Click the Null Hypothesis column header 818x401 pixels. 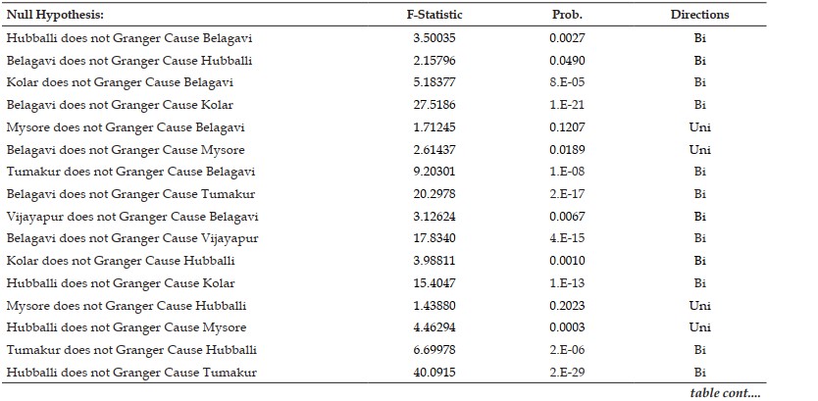pyautogui.click(x=55, y=15)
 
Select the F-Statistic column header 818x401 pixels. pyautogui.click(x=435, y=15)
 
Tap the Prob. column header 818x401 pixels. pyautogui.click(x=567, y=15)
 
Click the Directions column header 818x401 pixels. pyautogui.click(x=699, y=15)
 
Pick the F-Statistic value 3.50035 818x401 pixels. pyautogui.click(x=435, y=38)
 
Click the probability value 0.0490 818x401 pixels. pyautogui.click(x=567, y=61)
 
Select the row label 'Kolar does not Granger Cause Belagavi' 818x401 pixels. pyautogui.click(x=120, y=82)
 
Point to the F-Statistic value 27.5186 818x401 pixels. pyautogui.click(x=435, y=105)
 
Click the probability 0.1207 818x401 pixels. pyautogui.click(x=567, y=127)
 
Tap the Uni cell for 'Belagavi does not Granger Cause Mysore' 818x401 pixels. pyautogui.click(x=699, y=150)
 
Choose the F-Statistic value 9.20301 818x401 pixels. pyautogui.click(x=435, y=172)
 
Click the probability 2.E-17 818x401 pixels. pyautogui.click(x=567, y=194)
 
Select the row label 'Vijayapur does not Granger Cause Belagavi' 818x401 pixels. pyautogui.click(x=132, y=217)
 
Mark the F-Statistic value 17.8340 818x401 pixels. pyautogui.click(x=435, y=238)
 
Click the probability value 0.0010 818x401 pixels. pyautogui.click(x=567, y=261)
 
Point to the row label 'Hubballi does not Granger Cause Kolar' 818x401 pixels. pyautogui.click(x=121, y=283)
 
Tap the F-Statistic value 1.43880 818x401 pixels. pyautogui.click(x=435, y=306)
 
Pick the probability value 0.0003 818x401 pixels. pyautogui.click(x=567, y=327)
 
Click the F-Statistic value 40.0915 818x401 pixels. pyautogui.click(x=435, y=373)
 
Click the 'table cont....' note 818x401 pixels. pyautogui.click(x=725, y=393)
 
